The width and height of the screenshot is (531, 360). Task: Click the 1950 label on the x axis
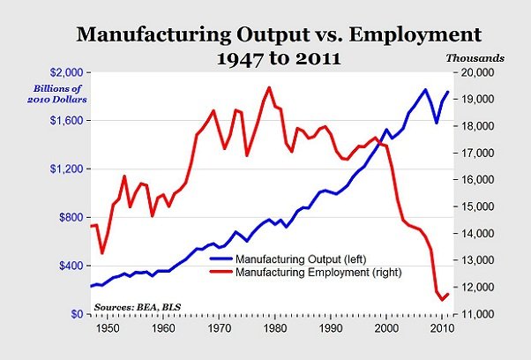point(107,328)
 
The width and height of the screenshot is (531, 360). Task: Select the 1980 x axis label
point(274,328)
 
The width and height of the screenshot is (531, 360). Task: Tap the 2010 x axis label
point(441,328)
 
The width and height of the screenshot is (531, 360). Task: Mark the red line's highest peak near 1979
point(269,87)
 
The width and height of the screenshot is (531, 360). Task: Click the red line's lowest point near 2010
point(442,301)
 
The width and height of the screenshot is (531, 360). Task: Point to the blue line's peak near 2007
point(426,89)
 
